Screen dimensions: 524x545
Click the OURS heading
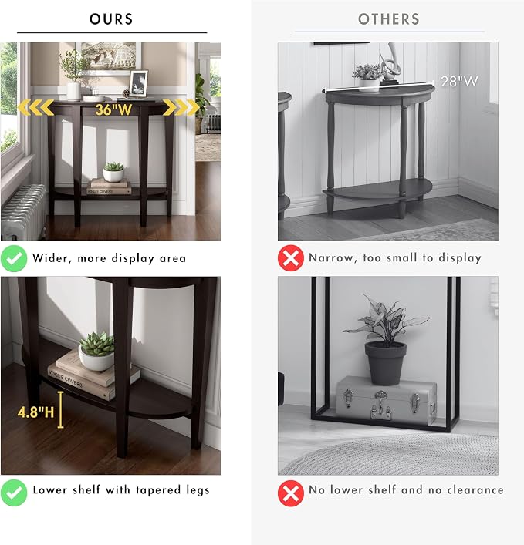(111, 19)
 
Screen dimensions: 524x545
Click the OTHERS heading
(389, 19)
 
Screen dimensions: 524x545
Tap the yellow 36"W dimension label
(113, 109)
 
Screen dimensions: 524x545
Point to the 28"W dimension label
(459, 82)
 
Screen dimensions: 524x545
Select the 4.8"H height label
(35, 412)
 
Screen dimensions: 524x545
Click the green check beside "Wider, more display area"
(14, 258)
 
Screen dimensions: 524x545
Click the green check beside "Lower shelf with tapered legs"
(14, 493)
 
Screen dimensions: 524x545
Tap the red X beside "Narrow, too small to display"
(291, 258)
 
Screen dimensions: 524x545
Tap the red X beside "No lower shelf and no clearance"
(291, 493)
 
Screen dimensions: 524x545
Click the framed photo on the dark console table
(139, 82)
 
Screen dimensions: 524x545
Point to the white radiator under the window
(23, 212)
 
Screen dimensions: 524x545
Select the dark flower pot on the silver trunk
(385, 363)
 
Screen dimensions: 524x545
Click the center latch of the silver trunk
(380, 403)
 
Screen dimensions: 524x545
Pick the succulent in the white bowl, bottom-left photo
(96, 351)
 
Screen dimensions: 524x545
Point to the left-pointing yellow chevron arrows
(35, 107)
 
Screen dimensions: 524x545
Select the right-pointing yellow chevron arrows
(181, 107)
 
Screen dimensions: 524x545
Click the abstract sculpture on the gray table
(389, 64)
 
